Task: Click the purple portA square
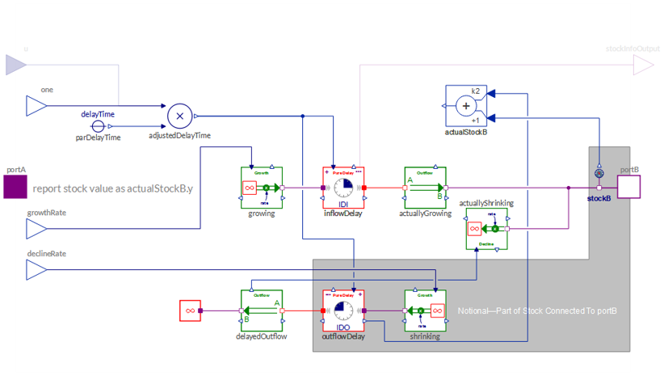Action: pyautogui.click(x=15, y=187)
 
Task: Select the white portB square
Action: pyautogui.click(x=629, y=187)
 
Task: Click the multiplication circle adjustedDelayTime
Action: pyautogui.click(x=179, y=116)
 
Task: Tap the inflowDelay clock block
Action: pyautogui.click(x=343, y=188)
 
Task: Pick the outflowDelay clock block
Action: pyautogui.click(x=343, y=311)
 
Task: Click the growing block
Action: pyautogui.click(x=262, y=188)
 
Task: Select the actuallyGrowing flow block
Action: pyautogui.click(x=425, y=188)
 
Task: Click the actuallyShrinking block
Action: pyautogui.click(x=486, y=229)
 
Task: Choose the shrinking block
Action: pyautogui.click(x=425, y=311)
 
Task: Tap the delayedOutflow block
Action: pyautogui.click(x=262, y=311)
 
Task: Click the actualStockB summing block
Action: pyautogui.click(x=466, y=106)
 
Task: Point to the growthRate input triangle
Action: pyautogui.click(x=36, y=229)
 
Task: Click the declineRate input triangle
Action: pyautogui.click(x=36, y=269)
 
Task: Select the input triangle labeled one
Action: pyautogui.click(x=36, y=105)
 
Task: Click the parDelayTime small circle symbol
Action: pyautogui.click(x=98, y=126)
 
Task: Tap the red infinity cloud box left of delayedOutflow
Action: pyautogui.click(x=190, y=311)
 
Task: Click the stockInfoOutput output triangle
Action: pyautogui.click(x=644, y=65)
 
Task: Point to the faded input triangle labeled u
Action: pyautogui.click(x=16, y=65)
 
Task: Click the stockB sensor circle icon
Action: pyautogui.click(x=599, y=173)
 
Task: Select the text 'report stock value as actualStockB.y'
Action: pyautogui.click(x=113, y=188)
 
